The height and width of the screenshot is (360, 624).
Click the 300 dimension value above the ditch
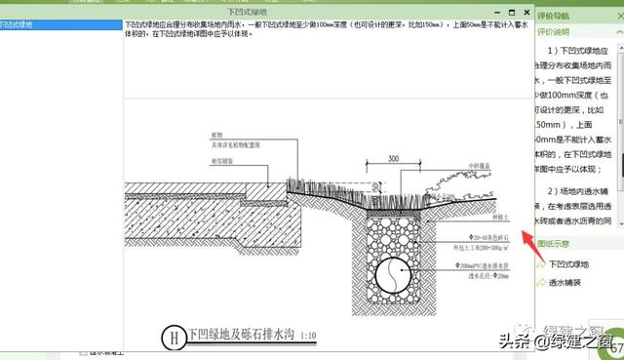coord(393,158)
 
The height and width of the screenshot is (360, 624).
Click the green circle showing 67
coord(616,349)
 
